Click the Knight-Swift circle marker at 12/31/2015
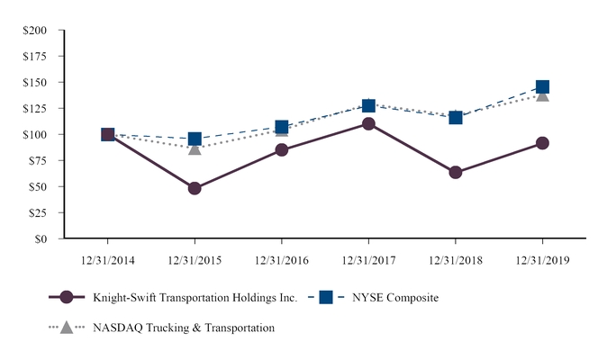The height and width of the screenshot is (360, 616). [195, 188]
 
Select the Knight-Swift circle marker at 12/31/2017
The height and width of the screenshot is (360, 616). [368, 123]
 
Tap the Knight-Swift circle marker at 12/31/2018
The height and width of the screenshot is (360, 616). [455, 172]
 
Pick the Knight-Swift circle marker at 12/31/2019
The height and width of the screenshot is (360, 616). [542, 142]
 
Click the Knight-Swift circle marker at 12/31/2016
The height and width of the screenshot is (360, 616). [282, 149]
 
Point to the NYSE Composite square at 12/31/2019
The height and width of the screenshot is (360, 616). [542, 87]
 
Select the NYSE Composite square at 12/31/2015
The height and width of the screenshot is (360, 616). [195, 139]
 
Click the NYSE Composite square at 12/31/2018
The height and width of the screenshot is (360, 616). [455, 117]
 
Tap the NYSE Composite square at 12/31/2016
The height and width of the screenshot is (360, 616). [282, 127]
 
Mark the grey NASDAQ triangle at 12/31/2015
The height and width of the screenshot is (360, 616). [195, 148]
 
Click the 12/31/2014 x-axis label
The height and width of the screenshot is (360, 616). [108, 258]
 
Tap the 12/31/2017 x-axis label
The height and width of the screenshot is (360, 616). [368, 258]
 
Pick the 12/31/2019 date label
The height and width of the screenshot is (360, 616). [542, 258]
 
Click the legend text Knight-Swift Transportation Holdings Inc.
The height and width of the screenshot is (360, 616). [194, 298]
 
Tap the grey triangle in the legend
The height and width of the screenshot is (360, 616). [66, 328]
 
